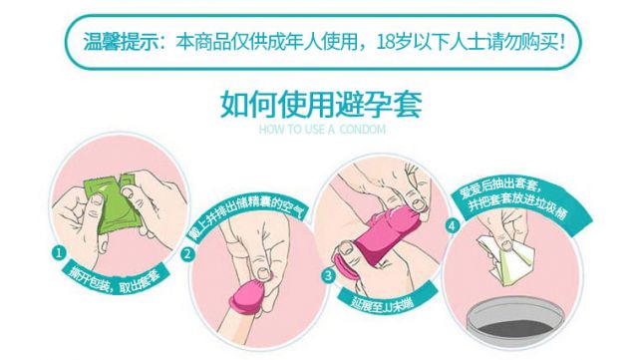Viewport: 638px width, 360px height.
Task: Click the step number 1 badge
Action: point(60,253)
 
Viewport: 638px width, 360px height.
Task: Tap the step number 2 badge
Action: point(188,254)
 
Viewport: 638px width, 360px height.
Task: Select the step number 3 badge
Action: point(328,275)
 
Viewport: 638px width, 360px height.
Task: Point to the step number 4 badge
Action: point(453,225)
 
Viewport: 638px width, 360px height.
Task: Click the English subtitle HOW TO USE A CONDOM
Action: point(322,130)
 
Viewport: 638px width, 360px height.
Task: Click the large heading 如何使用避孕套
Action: point(321,105)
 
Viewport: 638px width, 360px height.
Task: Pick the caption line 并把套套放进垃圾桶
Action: point(517,206)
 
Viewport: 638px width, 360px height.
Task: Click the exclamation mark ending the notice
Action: point(562,42)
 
